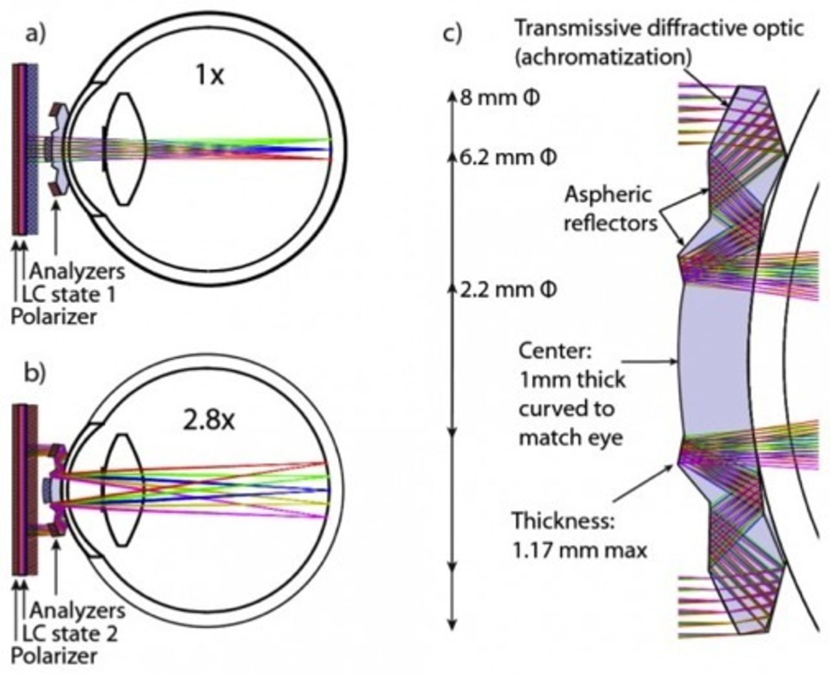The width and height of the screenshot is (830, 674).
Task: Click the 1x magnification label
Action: point(209,76)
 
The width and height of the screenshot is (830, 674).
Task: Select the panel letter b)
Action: point(36,374)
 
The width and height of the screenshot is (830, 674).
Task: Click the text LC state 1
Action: point(69,295)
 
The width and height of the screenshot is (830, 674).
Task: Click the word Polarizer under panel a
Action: point(54,317)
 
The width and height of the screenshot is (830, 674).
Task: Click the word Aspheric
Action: point(608,195)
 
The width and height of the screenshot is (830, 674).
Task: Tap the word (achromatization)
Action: point(602,57)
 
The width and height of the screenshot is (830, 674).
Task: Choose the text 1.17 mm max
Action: point(580,551)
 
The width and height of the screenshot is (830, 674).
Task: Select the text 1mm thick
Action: point(572,380)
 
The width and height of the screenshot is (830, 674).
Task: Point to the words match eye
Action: point(571,437)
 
